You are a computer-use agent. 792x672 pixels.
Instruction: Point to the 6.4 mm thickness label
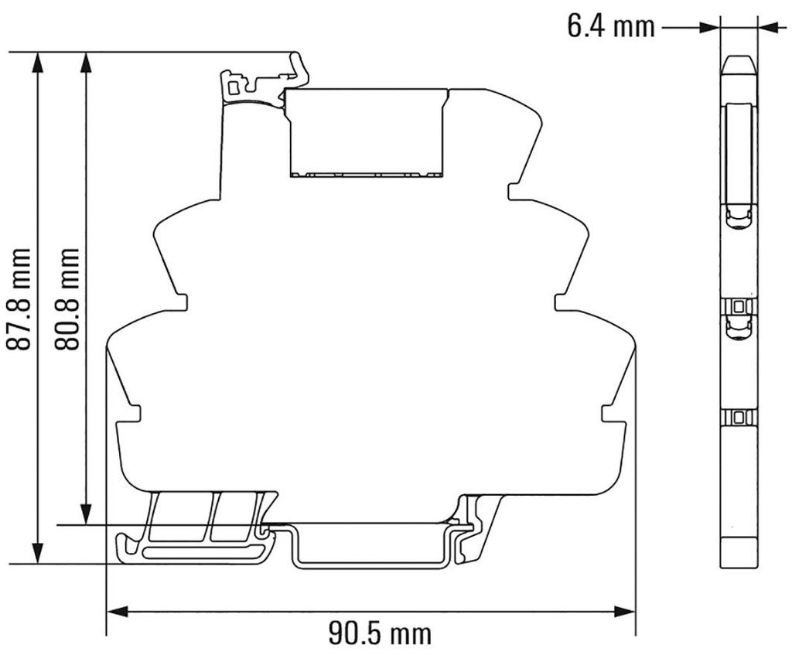pyautogui.click(x=609, y=27)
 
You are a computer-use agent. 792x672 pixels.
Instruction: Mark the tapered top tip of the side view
pyautogui.click(x=739, y=65)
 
